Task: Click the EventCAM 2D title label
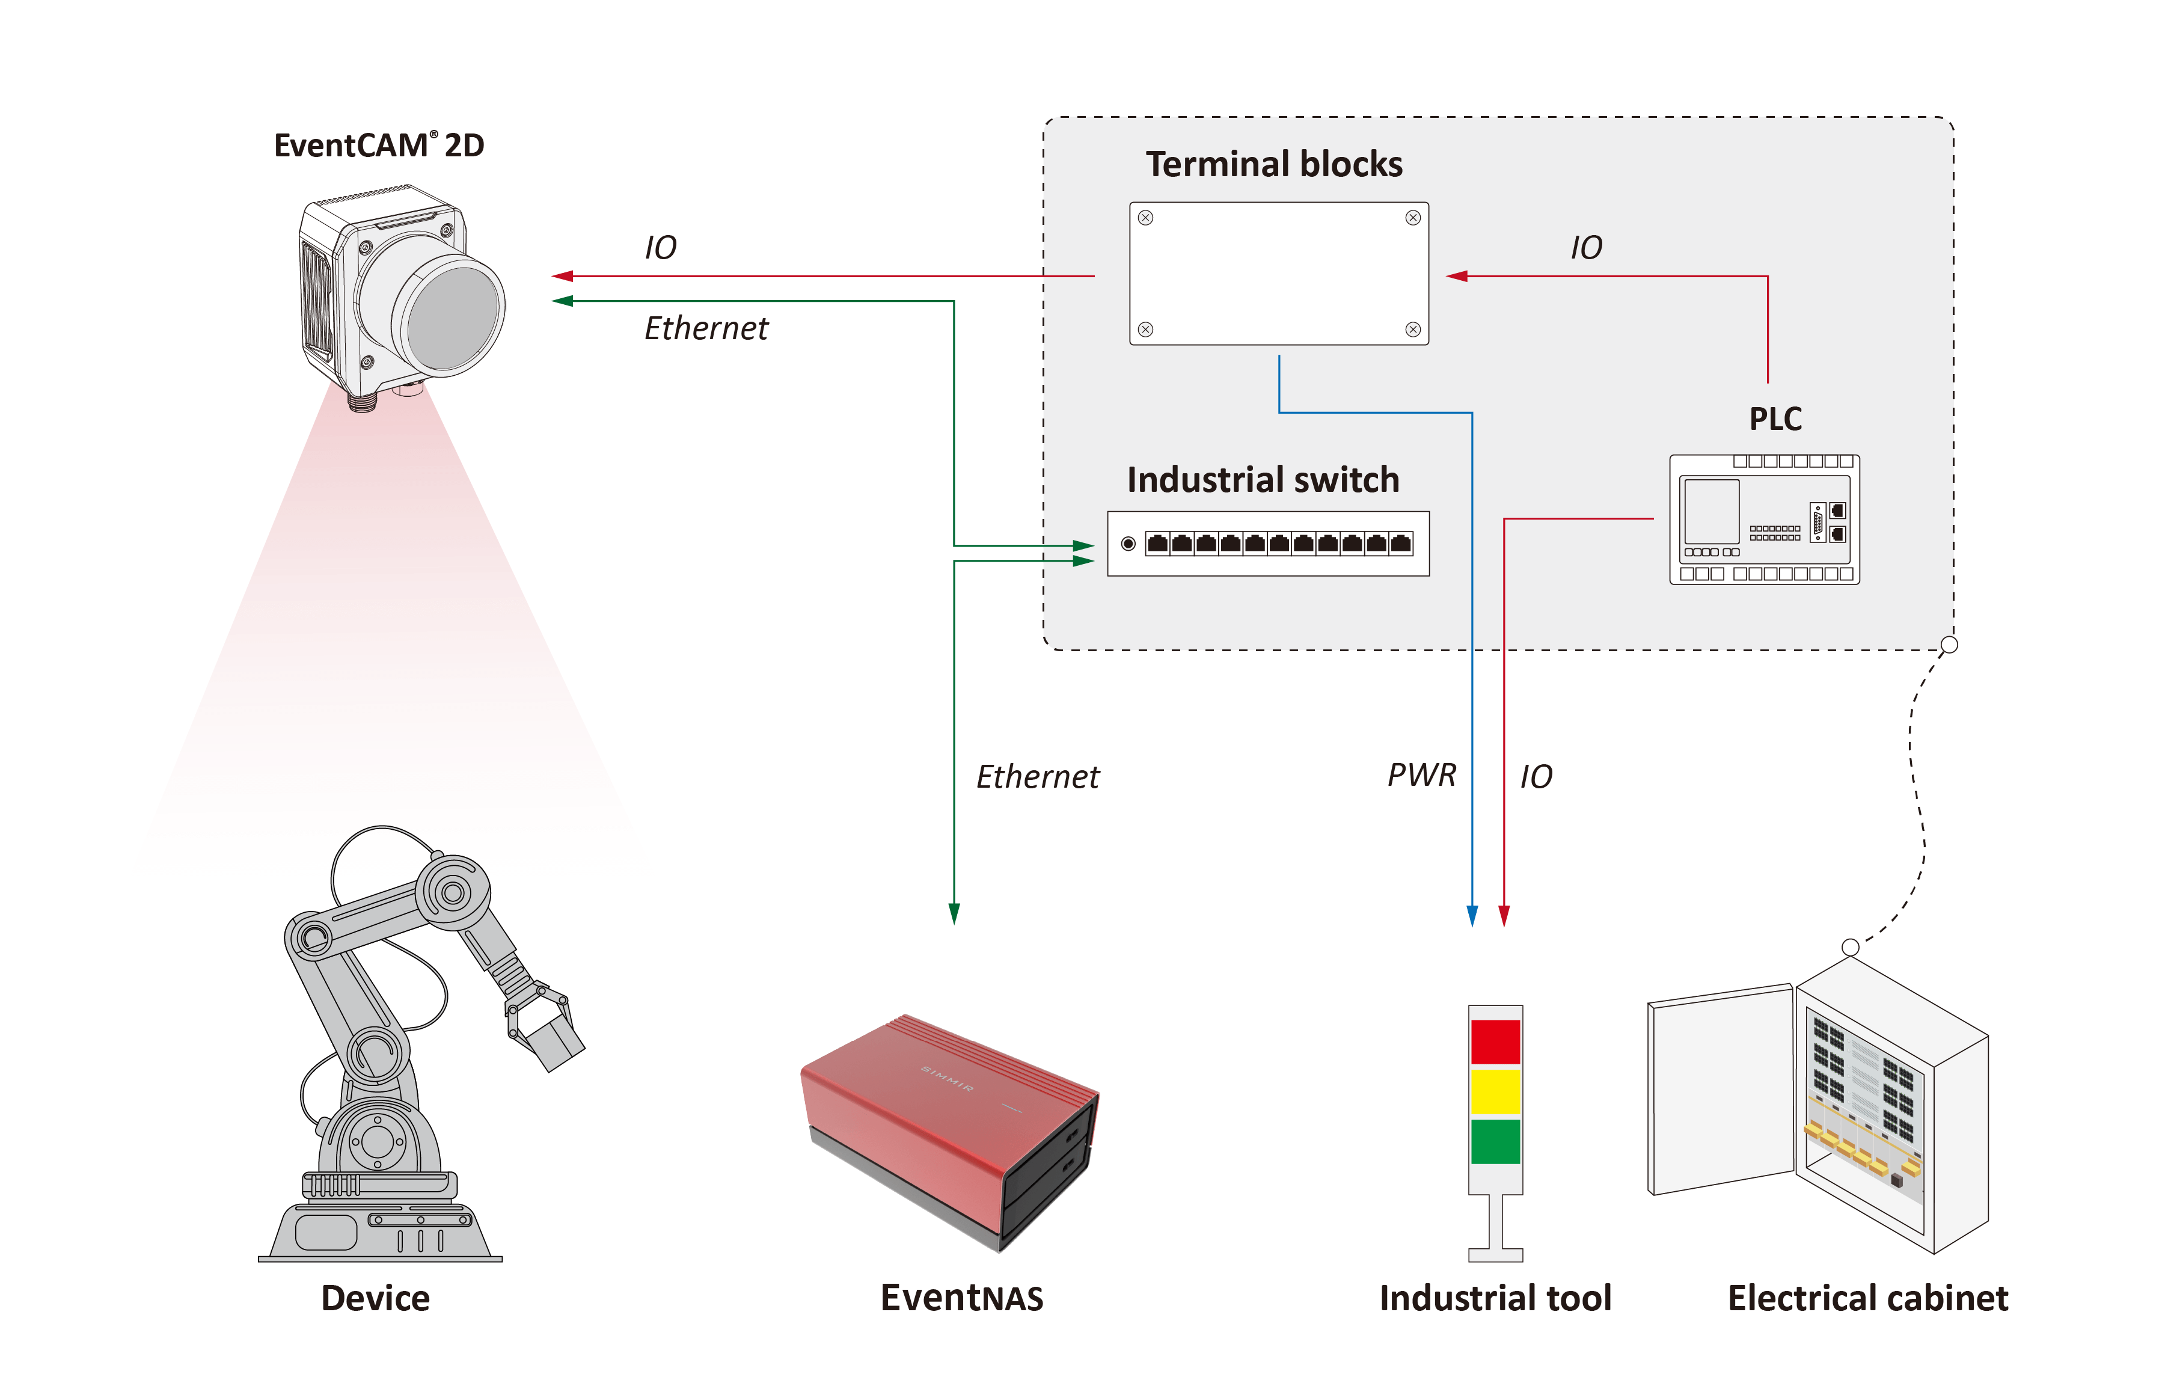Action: coord(379,146)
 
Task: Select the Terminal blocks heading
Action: coord(1273,164)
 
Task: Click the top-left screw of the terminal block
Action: coord(1145,218)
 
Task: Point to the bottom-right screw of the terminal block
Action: coord(1412,330)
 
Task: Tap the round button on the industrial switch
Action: coord(1127,544)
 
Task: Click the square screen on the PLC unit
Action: coord(1710,511)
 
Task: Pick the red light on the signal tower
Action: coord(1495,1041)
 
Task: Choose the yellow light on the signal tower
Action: coord(1495,1091)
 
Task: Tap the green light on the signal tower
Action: coord(1495,1141)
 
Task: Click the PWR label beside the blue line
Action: coord(1421,774)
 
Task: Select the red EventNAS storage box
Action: coord(947,1127)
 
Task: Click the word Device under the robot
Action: coord(375,1298)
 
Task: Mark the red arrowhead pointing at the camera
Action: coord(563,276)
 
